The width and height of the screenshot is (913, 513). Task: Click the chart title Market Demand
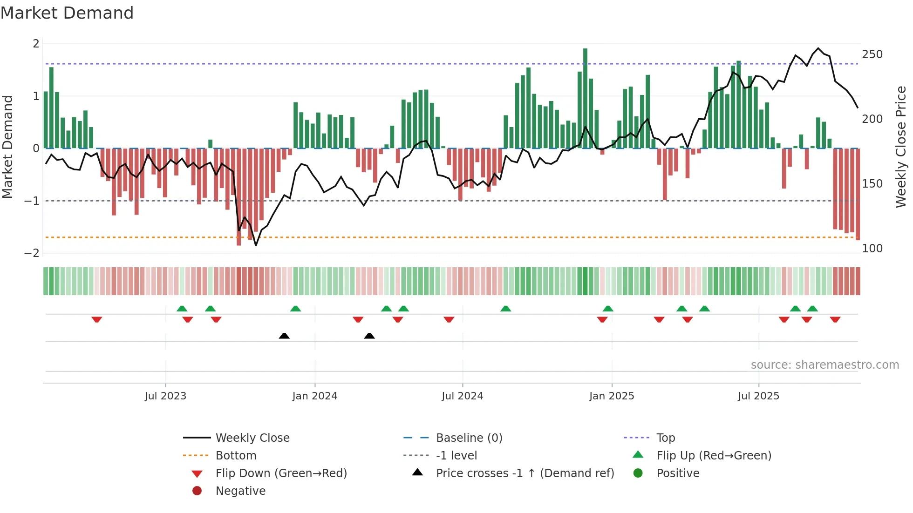[x=67, y=13]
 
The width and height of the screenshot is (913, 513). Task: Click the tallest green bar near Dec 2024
[x=585, y=98]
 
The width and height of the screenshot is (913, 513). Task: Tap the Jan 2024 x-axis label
[x=314, y=396]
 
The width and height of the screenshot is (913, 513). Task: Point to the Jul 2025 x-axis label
[x=758, y=396]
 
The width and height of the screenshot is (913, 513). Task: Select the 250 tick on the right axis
[x=872, y=54]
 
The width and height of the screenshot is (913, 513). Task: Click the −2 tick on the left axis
[x=32, y=253]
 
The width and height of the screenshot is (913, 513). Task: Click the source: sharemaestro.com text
[x=824, y=365]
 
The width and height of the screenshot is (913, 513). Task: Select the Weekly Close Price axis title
[x=901, y=147]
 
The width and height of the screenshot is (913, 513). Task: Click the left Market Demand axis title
[x=7, y=147]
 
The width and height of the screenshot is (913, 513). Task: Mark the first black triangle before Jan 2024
[x=284, y=336]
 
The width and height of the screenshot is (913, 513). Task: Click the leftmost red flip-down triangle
[x=97, y=319]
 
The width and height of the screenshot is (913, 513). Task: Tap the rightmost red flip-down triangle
[x=835, y=319]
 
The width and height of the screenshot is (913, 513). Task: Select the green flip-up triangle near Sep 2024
[x=505, y=309]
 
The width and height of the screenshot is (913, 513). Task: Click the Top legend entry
[x=665, y=438]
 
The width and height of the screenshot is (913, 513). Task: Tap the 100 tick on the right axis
[x=872, y=249]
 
